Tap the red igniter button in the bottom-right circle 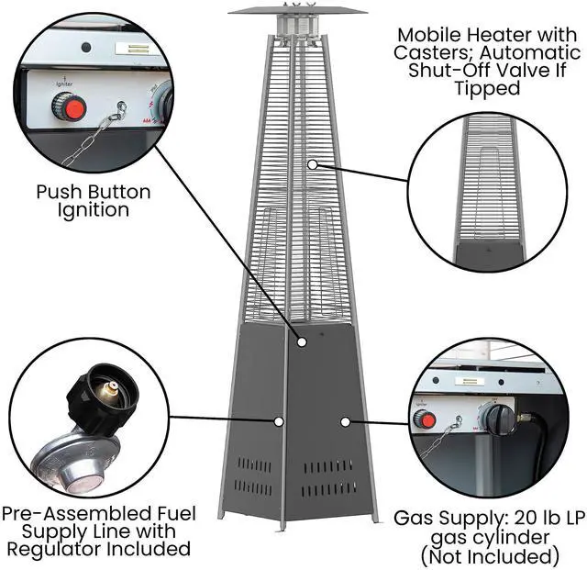424,419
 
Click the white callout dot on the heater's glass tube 312,165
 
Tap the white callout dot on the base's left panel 278,421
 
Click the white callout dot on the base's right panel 345,421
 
